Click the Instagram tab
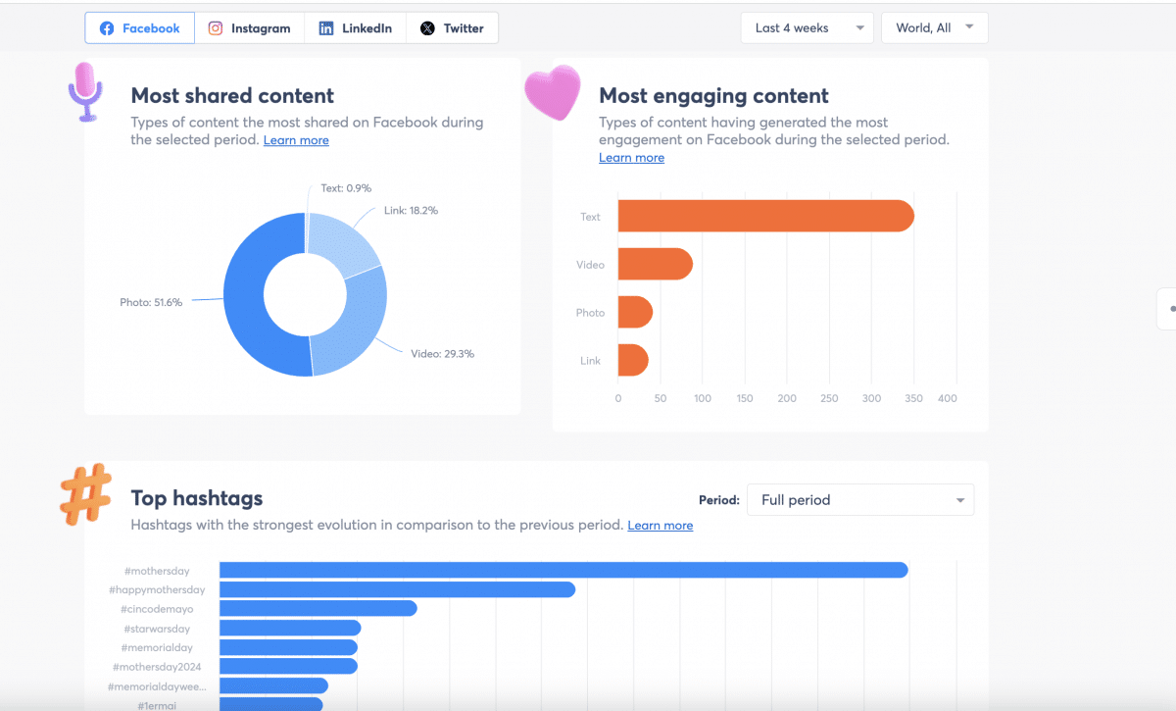tap(250, 28)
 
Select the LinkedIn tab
tap(355, 28)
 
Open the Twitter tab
tap(452, 28)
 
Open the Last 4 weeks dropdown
tap(807, 28)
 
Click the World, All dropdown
tap(934, 28)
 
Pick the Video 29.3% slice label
tap(442, 354)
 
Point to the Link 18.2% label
tap(411, 211)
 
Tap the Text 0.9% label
tap(346, 188)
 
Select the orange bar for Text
tap(764, 217)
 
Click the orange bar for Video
tap(655, 265)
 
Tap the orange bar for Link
tap(633, 361)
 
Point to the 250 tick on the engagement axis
tap(829, 399)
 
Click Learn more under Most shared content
tap(296, 140)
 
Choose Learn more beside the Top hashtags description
tap(660, 526)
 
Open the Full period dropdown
tap(859, 500)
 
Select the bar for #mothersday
tap(563, 571)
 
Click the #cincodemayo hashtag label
tap(159, 609)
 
